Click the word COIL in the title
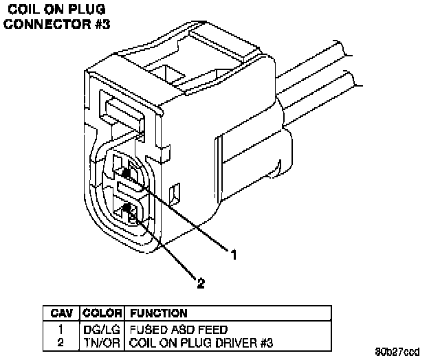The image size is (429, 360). coord(23,10)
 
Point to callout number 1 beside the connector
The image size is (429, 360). coord(234,255)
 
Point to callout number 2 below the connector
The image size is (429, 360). coord(201,281)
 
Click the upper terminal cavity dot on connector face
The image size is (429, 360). coord(126,172)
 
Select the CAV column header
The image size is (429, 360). coord(62,313)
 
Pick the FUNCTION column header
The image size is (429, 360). coord(158,313)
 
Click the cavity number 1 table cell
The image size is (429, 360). coord(62,329)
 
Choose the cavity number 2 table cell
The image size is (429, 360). coord(62,341)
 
